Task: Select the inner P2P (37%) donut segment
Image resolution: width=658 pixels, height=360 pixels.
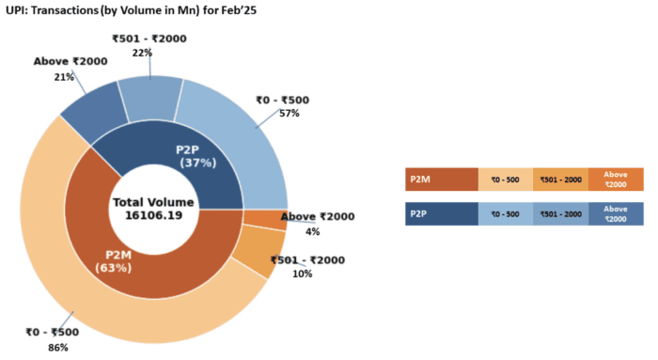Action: [196, 156]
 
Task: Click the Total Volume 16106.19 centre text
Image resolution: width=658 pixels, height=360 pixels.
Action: [153, 209]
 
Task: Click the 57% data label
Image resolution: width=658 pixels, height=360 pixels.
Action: [289, 114]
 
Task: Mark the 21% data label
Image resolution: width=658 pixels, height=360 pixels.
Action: [64, 77]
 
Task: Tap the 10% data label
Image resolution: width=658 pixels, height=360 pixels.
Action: [303, 274]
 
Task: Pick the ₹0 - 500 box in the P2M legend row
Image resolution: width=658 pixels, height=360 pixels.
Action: [505, 179]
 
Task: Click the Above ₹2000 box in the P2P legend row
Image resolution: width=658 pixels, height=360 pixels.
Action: [616, 214]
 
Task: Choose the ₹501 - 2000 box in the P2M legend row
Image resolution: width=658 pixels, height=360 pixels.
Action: [560, 179]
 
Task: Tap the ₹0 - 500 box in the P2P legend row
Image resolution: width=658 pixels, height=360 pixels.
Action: [505, 214]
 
